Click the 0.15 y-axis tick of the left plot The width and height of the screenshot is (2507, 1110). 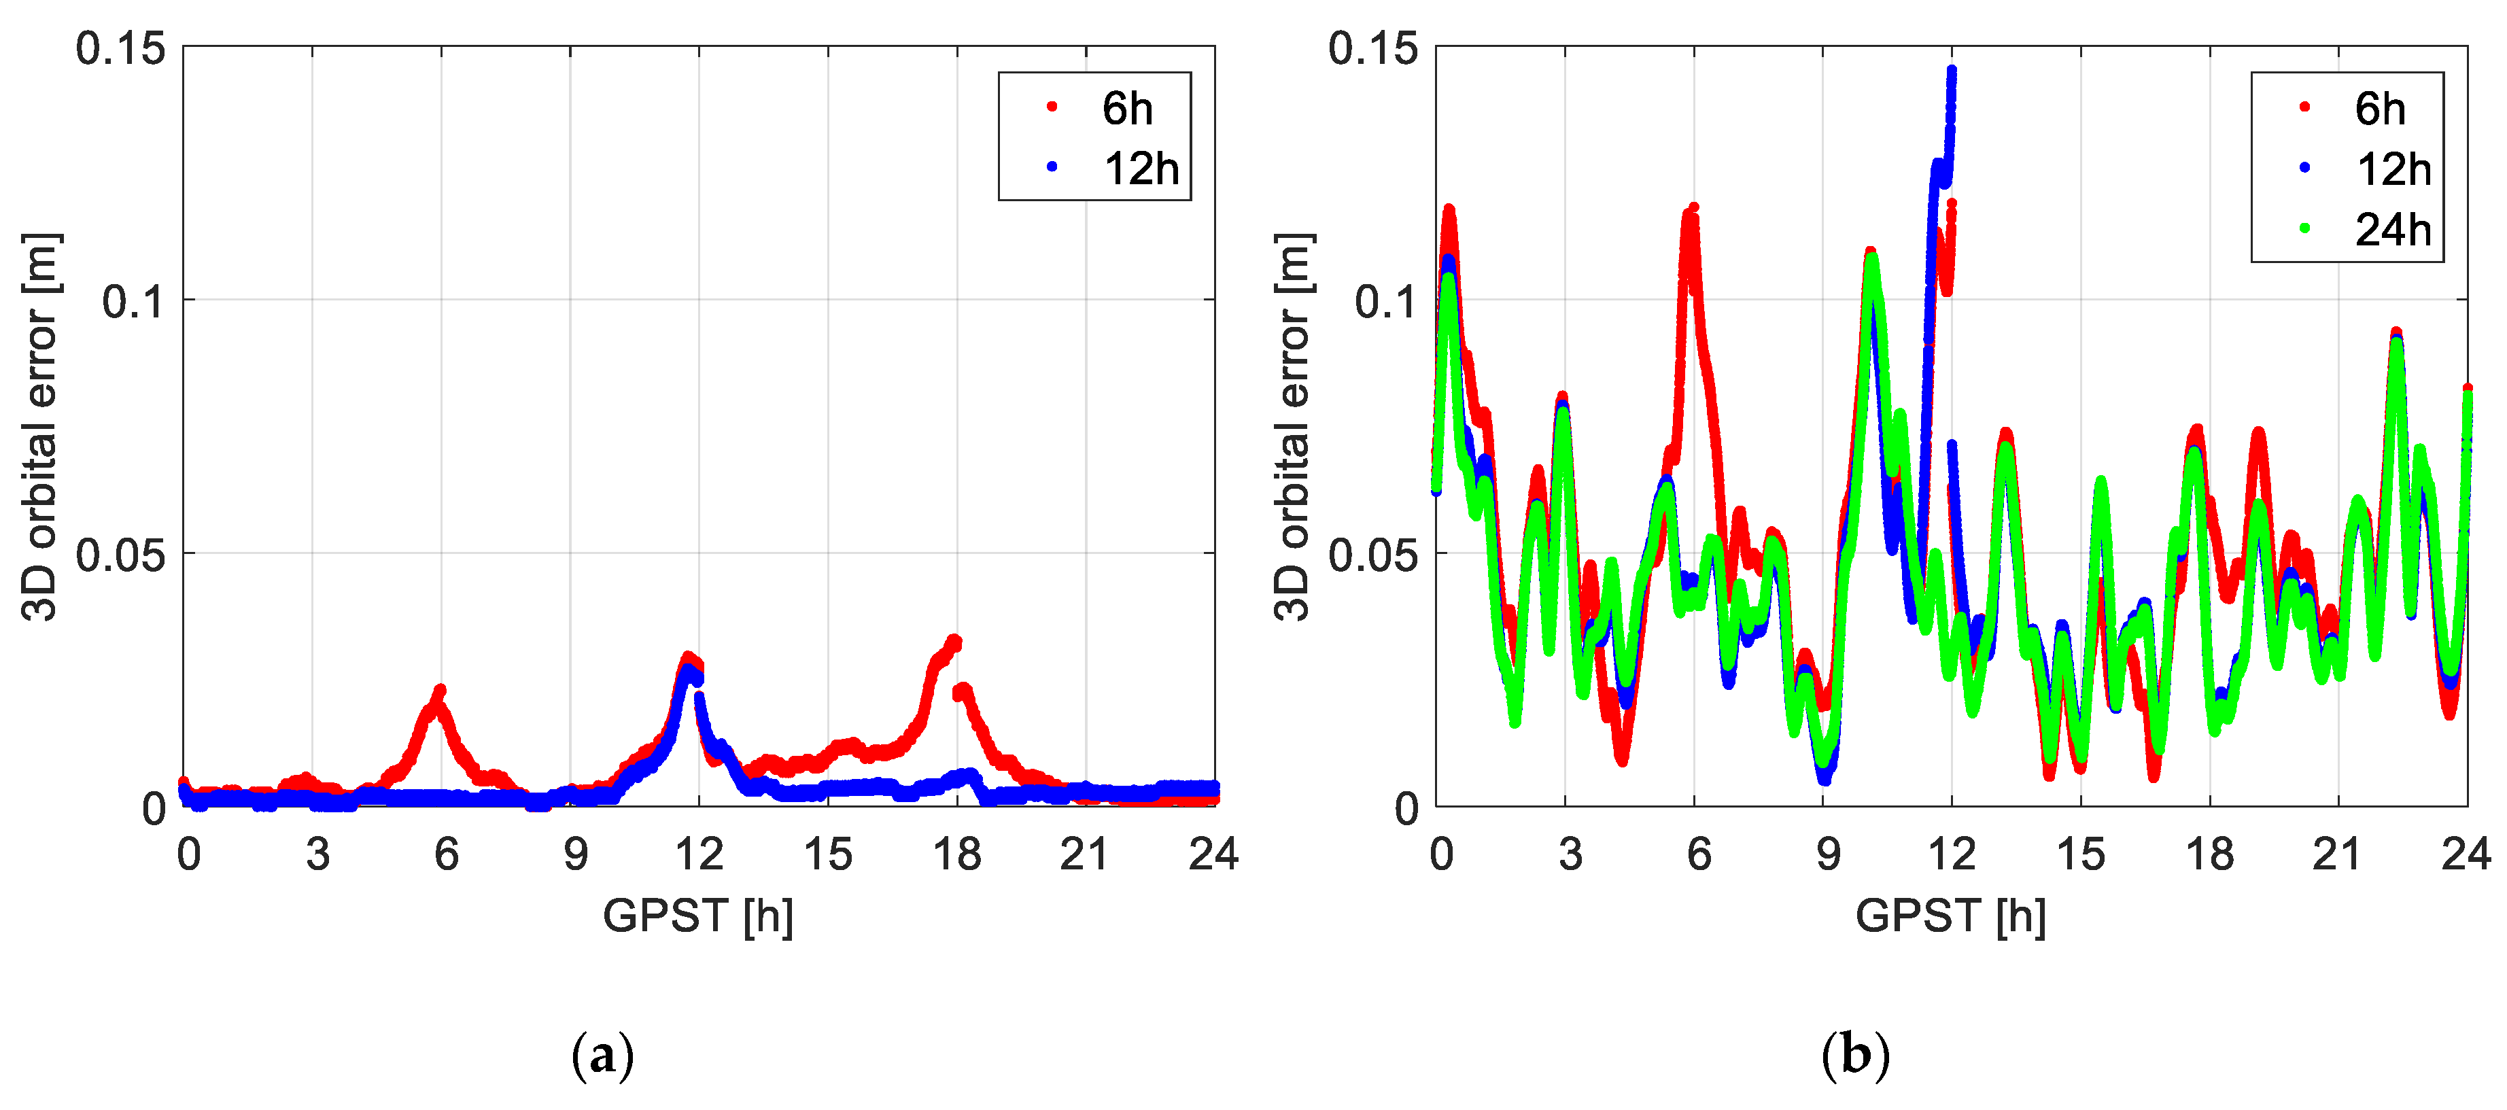coord(121,49)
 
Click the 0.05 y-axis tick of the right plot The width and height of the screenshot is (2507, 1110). coord(1373,555)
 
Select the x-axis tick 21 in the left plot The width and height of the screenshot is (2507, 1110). coord(1084,855)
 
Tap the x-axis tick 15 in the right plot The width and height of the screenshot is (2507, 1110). coord(2079,855)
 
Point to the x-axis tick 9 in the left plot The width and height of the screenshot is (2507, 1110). coord(575,855)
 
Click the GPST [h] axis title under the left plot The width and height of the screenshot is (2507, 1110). coord(698,916)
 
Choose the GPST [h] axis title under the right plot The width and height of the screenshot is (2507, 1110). coord(1950,916)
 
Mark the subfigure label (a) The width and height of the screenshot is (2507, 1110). coord(602,1056)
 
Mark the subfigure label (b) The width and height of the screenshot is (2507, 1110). coord(1855,1056)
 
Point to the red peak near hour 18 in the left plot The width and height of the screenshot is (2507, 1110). coord(954,641)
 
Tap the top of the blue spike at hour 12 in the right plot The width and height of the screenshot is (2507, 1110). coord(1952,71)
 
